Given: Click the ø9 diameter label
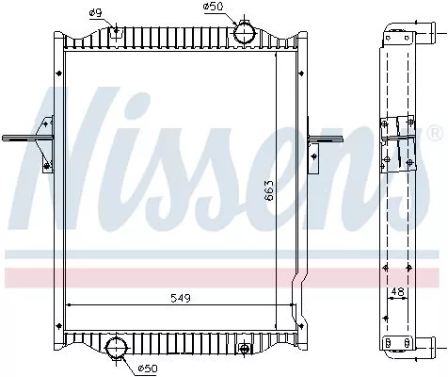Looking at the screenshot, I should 95,12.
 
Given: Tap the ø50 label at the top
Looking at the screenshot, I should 212,7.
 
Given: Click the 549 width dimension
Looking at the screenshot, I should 180,299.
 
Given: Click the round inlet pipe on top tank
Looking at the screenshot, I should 246,33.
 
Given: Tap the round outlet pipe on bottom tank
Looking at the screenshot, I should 117,346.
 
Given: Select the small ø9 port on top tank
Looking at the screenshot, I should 116,33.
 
